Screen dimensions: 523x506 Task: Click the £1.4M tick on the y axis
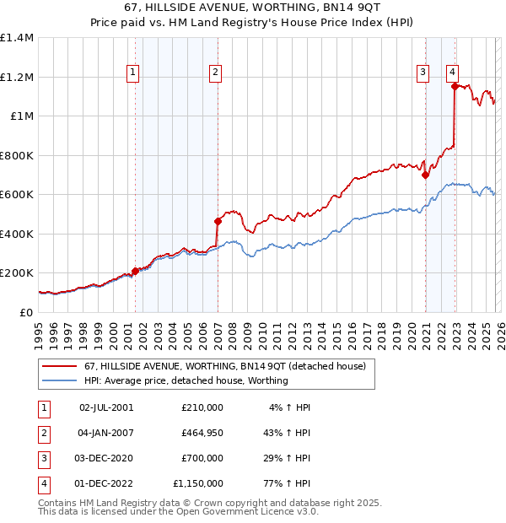17,38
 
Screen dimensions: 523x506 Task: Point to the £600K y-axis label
17,194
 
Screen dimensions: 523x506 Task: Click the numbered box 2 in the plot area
216,73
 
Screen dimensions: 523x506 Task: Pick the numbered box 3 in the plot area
423,73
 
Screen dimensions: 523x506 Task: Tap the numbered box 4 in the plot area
453,73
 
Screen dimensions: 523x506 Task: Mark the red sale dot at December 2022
455,86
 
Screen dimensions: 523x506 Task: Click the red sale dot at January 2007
218,221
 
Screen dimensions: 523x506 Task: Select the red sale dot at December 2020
425,175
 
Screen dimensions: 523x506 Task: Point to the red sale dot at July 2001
136,271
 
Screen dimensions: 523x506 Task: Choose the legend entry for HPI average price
186,380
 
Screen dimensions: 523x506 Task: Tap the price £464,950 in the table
202,433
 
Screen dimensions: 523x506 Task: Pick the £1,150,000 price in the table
199,483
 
